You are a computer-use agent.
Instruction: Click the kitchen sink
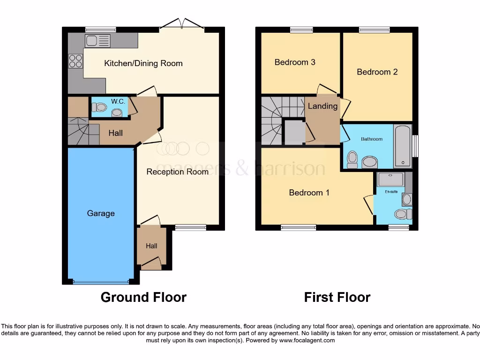(97, 41)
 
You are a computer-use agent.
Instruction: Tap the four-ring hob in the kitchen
(75, 61)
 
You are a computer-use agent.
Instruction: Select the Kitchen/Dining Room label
(143, 63)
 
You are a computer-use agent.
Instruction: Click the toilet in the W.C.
(99, 107)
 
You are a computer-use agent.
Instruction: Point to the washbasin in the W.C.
(117, 112)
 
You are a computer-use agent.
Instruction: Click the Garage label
(100, 213)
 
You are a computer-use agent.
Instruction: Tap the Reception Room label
(177, 172)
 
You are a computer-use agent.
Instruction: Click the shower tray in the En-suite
(390, 179)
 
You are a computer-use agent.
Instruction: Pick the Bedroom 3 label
(295, 62)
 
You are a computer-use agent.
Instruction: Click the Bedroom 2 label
(377, 72)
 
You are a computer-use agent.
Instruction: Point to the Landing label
(322, 106)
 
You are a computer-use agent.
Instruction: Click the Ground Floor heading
(143, 297)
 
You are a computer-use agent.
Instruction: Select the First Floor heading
(337, 297)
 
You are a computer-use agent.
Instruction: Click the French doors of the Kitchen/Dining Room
(182, 24)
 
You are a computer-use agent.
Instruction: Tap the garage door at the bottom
(101, 282)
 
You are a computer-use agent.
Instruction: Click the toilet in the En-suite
(402, 214)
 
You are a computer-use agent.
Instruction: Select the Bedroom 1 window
(298, 228)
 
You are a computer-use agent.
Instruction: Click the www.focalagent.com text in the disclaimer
(307, 340)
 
